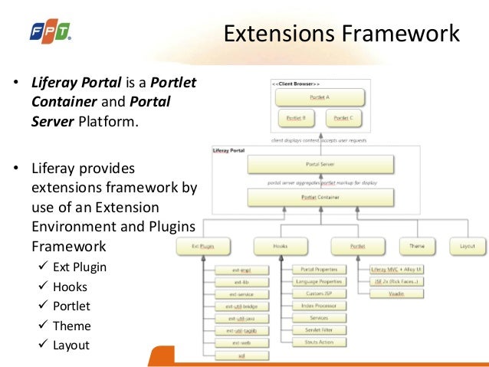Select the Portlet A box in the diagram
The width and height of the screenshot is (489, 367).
[320, 97]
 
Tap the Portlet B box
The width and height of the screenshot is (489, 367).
[296, 119]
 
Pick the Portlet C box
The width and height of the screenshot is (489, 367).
[345, 119]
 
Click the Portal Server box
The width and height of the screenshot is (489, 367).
[320, 165]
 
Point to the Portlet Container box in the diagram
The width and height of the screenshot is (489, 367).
[320, 197]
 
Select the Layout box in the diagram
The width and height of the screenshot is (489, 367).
[467, 246]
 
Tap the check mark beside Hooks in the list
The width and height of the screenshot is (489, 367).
[44, 287]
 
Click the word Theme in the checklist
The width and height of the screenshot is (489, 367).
[72, 326]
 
